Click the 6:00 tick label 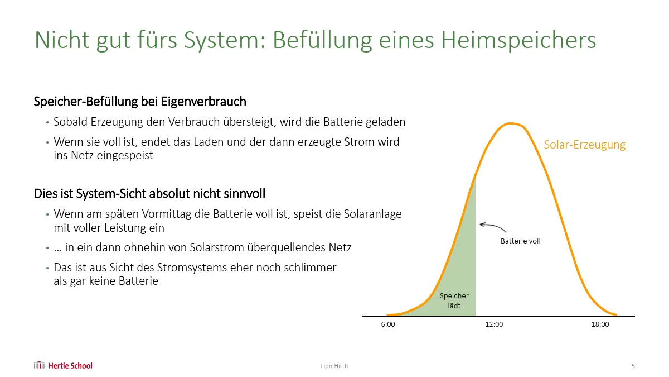pos(388,324)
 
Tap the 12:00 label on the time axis pos(494,324)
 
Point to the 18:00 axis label pos(600,324)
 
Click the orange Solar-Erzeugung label pos(584,145)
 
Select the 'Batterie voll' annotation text pos(520,241)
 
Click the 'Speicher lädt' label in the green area pos(454,300)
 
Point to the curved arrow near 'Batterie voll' pos(493,226)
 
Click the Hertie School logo pos(63,365)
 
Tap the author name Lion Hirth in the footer pos(334,366)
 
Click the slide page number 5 pos(633,366)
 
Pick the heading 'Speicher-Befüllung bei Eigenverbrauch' pos(140,102)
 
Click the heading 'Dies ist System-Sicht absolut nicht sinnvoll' pos(149,194)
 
